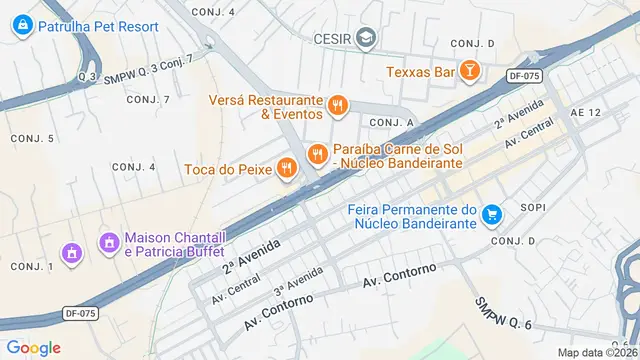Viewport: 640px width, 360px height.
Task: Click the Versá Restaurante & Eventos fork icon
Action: [338, 104]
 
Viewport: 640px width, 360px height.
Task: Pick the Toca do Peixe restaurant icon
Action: [287, 168]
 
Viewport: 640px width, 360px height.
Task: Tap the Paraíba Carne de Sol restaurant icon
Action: [317, 153]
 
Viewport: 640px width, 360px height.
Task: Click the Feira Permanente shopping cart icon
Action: [491, 214]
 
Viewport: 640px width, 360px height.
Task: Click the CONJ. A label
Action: [392, 122]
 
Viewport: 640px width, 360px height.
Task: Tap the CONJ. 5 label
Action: [32, 137]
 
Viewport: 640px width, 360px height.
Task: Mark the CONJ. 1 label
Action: [32, 266]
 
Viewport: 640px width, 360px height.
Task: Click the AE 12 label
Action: [586, 113]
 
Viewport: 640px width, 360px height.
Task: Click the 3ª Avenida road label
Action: [298, 280]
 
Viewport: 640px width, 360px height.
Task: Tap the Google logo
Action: [33, 347]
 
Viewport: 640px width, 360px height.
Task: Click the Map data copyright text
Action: [597, 352]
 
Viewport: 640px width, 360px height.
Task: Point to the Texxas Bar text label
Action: [421, 72]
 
